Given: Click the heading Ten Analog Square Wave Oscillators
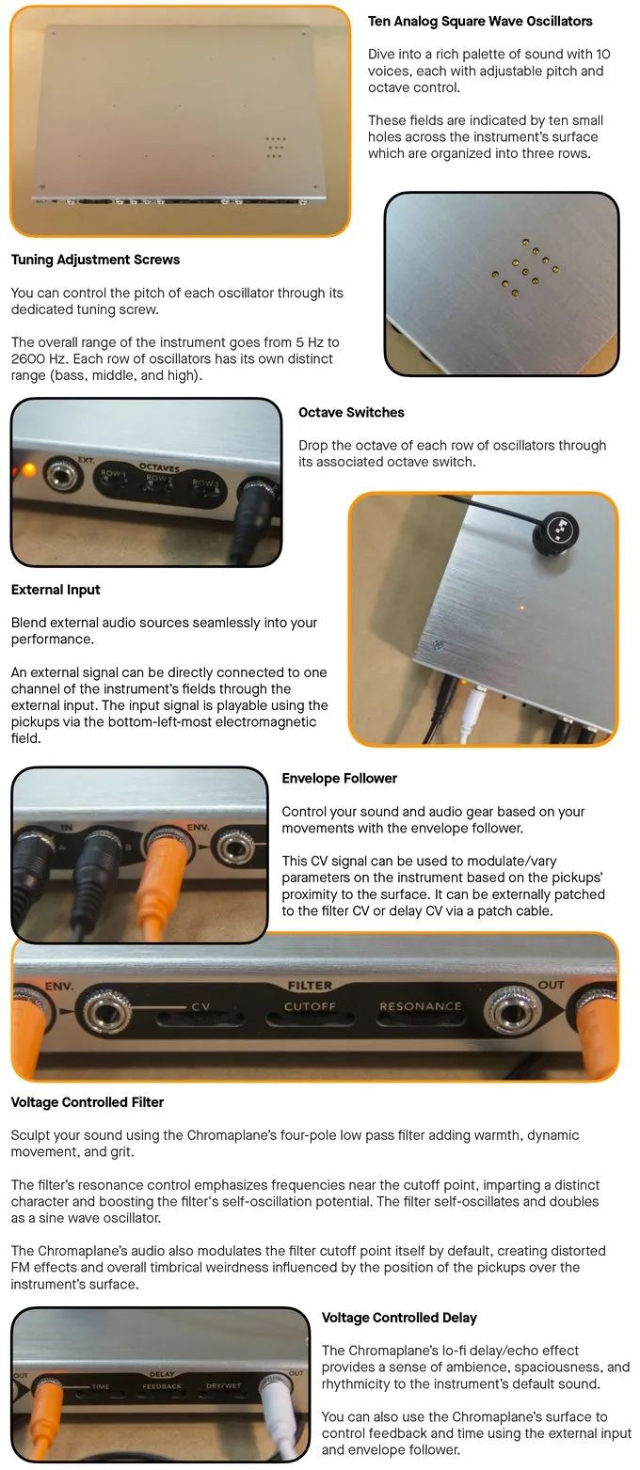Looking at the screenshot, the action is pos(480,21).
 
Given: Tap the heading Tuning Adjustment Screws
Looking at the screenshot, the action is pos(95,260).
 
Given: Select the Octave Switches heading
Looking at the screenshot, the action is pos(351,412).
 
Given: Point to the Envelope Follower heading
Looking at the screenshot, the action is pos(340,778).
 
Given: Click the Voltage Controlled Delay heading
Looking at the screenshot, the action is pos(399,1317).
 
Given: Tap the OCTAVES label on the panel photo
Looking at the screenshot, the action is pos(159,467).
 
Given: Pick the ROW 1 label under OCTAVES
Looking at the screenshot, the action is pos(112,472).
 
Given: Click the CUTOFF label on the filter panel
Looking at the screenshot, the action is pos(310,1006).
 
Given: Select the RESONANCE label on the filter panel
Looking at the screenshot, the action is pos(420,1006).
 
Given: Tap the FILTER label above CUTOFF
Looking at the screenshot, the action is pos(310,985).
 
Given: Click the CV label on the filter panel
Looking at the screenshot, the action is pos(200,1006).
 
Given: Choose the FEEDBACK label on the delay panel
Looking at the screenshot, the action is pos(162,1386).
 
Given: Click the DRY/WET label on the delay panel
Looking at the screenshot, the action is pos(223,1385).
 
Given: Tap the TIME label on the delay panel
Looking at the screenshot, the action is pos(101,1386).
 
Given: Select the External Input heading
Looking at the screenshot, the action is pos(56,590).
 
